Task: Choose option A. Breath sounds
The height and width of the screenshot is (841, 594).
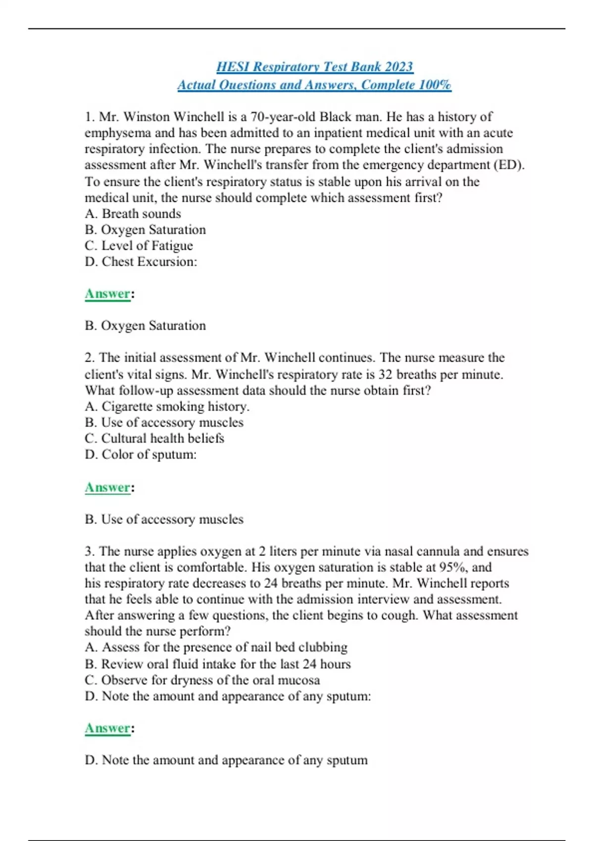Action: pos(133,214)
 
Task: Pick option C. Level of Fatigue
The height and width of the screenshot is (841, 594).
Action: pos(139,245)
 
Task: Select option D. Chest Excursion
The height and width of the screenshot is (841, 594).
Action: pos(141,262)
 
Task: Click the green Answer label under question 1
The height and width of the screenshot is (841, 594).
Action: pos(107,293)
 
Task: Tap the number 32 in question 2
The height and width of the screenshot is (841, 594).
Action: pos(386,374)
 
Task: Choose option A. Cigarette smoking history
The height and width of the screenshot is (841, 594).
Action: pos(167,407)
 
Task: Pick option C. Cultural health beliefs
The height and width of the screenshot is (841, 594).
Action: pos(154,438)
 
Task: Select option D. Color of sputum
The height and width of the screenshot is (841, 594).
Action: pos(141,454)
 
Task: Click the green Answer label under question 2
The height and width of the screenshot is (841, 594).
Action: pos(107,487)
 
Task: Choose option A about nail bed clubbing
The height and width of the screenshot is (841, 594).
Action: pos(216,647)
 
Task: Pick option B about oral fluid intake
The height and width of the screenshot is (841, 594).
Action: pos(217,664)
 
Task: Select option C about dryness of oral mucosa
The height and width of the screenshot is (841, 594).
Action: pos(202,680)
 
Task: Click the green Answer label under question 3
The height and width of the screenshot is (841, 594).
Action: pos(107,728)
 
